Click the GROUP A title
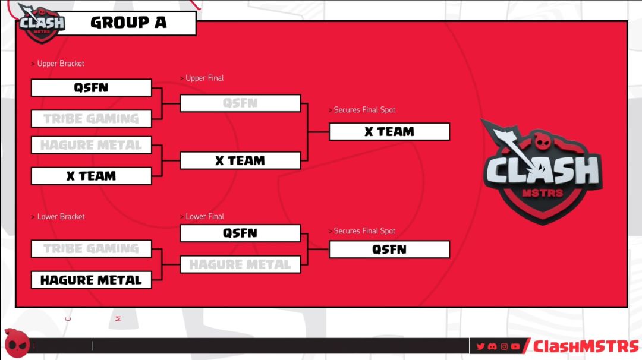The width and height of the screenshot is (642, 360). click(x=128, y=23)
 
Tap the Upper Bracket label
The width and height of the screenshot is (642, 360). click(x=61, y=64)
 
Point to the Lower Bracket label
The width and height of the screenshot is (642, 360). click(x=61, y=217)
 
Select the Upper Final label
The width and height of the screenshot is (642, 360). click(x=204, y=78)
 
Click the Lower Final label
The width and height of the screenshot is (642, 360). click(x=204, y=217)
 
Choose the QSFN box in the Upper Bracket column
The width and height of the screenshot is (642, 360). click(x=92, y=88)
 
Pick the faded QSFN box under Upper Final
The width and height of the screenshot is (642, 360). click(x=240, y=103)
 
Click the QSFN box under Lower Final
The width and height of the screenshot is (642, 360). click(x=240, y=233)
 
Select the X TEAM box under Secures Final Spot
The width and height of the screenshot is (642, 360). click(x=389, y=132)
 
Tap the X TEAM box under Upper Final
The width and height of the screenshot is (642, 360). click(x=240, y=161)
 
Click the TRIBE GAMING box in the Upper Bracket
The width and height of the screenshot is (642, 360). click(x=92, y=119)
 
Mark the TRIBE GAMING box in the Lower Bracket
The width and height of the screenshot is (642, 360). click(x=92, y=249)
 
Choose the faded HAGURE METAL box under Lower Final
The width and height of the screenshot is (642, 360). click(x=240, y=265)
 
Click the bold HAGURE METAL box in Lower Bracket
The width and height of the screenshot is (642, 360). click(x=92, y=280)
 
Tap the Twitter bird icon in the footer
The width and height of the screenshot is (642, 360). click(x=481, y=346)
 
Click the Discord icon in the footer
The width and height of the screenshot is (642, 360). click(x=492, y=346)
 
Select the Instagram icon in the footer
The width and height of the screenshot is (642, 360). click(x=503, y=346)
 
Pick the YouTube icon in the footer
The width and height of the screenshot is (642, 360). click(x=515, y=346)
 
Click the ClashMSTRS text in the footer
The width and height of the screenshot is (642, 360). click(x=586, y=346)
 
